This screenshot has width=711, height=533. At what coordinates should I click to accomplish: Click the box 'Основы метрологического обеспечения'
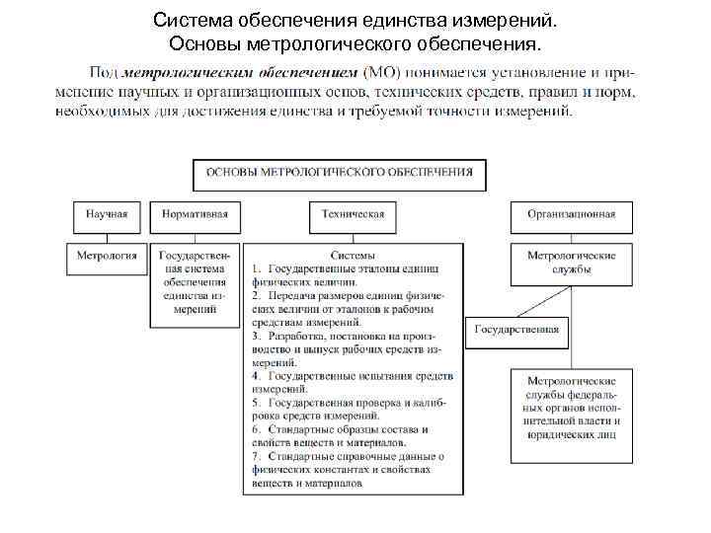pyautogui.click(x=339, y=172)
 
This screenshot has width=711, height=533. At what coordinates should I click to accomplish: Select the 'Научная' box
pyautogui.click(x=107, y=214)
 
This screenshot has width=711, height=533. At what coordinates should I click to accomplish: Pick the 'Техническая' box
pyautogui.click(x=353, y=214)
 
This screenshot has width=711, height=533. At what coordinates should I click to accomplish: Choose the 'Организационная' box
pyautogui.click(x=570, y=214)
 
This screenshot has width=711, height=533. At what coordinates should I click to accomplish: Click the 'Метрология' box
pyautogui.click(x=107, y=255)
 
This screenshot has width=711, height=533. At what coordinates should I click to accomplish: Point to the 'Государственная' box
pyautogui.click(x=516, y=330)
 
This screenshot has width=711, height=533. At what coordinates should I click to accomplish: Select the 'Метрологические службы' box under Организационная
pyautogui.click(x=570, y=262)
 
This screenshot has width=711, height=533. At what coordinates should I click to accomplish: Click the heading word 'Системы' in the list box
pyautogui.click(x=353, y=255)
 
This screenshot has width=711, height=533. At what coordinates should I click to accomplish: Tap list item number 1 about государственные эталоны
pyautogui.click(x=346, y=274)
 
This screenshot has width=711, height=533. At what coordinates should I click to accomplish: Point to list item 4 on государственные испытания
pyautogui.click(x=352, y=382)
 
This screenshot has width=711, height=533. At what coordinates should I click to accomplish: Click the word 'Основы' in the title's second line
pyautogui.click(x=200, y=43)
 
